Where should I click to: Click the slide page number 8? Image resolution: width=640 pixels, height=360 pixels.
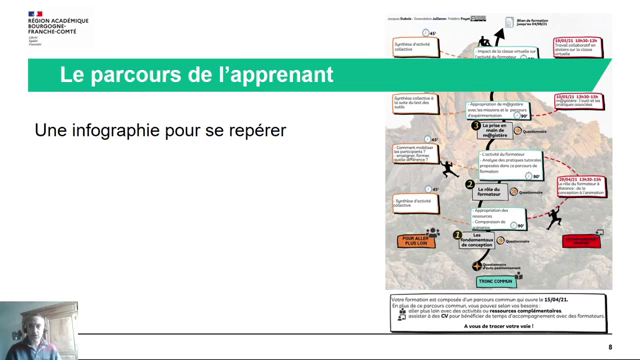(x=610, y=346)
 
